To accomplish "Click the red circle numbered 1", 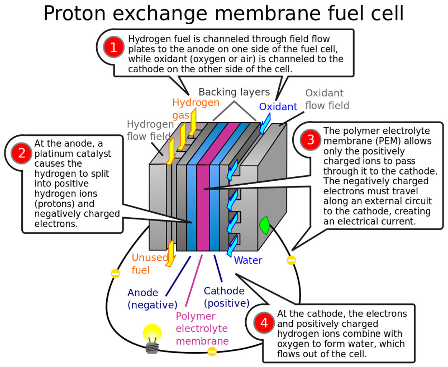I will coord(113,47).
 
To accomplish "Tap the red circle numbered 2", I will coord(22,154).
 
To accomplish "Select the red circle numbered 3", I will coord(311,140).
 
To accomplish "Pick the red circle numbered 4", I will coord(264,323).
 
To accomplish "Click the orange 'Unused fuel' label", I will coord(146,263).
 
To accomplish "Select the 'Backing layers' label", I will coord(234,92).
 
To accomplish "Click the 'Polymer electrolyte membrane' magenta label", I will coord(202,329).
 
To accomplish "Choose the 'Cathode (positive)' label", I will coord(225,296).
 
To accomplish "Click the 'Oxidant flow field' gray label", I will coord(327,99).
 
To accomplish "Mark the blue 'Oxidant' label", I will coord(278,107).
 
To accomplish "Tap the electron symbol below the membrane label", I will coord(212,351).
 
